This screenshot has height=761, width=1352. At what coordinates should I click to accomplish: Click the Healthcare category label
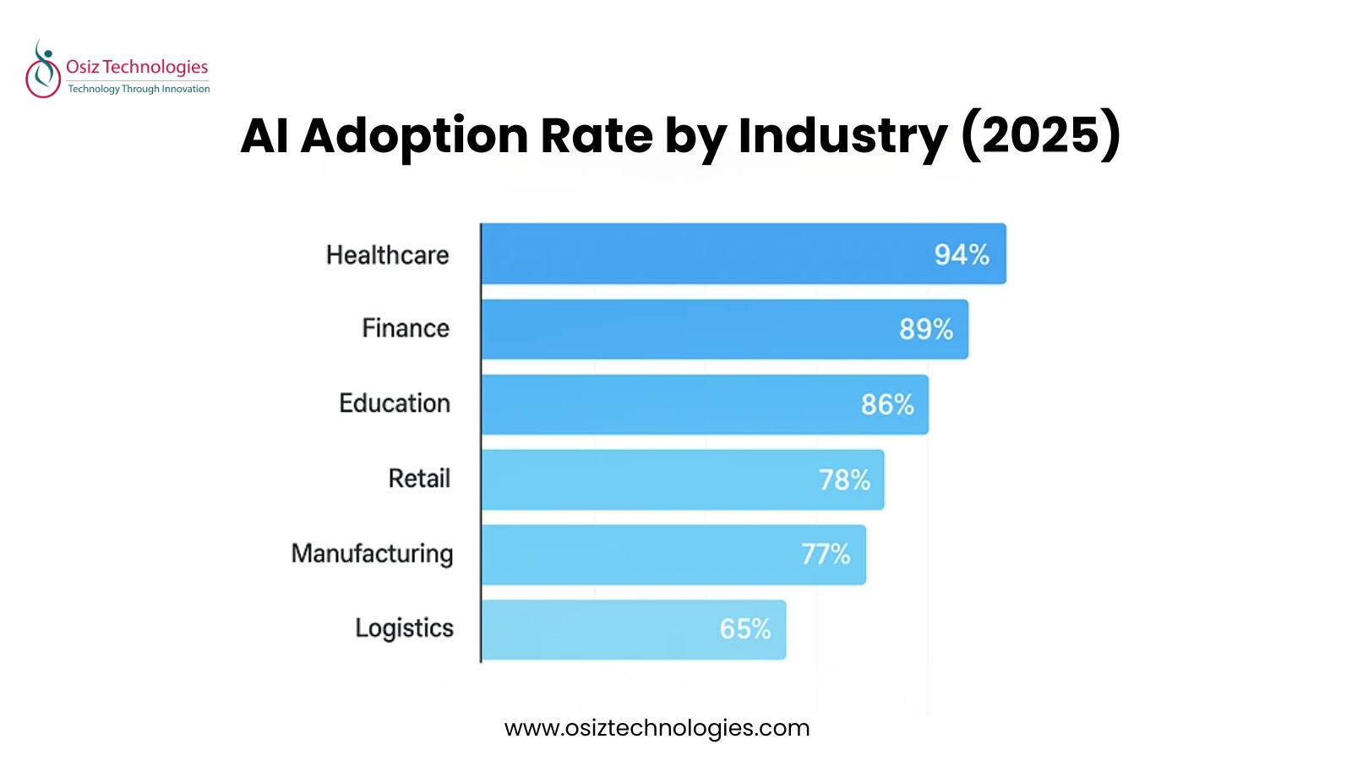pos(388,255)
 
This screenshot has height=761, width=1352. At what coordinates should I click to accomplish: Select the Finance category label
pos(406,328)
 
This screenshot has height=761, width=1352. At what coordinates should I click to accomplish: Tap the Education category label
pos(395,403)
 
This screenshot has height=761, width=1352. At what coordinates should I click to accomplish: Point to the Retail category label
pos(419,479)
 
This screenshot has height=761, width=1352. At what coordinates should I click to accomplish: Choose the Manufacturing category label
pos(372,554)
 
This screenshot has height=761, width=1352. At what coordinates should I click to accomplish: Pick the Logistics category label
pos(404,628)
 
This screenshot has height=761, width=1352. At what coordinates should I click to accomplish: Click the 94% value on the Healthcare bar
pos(962,255)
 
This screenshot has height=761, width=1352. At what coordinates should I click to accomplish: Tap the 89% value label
pos(926,329)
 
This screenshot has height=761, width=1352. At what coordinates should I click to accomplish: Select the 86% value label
pos(887,404)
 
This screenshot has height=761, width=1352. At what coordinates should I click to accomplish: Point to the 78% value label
pos(844,480)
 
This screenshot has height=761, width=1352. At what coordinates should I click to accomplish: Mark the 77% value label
pos(826,555)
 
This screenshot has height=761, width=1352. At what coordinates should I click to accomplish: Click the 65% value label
pos(745,629)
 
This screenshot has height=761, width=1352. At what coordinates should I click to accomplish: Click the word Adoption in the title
pos(414,135)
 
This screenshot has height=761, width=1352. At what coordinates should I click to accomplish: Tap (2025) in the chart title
pos(1041,135)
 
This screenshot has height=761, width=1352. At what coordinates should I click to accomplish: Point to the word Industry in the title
pos(842,135)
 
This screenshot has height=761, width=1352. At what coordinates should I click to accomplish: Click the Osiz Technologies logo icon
pos(42,69)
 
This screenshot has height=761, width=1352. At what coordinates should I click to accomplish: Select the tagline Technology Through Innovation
pos(139,89)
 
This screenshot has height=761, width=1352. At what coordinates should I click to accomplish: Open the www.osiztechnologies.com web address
pos(657,728)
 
